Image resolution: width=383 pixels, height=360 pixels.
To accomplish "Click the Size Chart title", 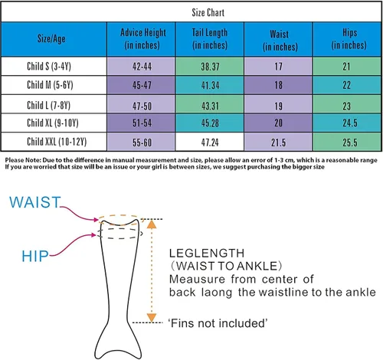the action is click(x=208, y=12).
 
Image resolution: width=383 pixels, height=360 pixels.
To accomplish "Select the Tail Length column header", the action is click(x=210, y=39).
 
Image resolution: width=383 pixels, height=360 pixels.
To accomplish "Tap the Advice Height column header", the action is click(x=142, y=39).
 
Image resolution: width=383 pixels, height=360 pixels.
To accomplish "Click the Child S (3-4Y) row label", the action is click(x=49, y=67).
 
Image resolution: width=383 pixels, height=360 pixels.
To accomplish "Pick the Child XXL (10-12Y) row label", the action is click(x=57, y=142).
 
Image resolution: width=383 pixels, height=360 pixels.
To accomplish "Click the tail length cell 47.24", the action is click(x=210, y=142).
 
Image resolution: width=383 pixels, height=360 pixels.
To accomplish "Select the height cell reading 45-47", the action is click(x=142, y=85).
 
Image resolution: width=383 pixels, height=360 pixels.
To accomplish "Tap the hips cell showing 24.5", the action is click(x=350, y=123).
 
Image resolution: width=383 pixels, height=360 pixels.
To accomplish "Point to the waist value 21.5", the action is click(x=278, y=142).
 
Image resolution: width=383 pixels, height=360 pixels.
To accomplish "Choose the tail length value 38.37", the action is click(x=210, y=67).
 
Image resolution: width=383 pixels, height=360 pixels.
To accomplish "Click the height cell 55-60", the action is click(x=142, y=142).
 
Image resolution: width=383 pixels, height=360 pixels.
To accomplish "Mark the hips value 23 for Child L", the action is click(x=346, y=106).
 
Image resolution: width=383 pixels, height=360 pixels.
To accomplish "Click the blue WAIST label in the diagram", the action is click(x=35, y=202).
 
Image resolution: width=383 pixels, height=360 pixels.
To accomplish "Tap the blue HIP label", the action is click(x=35, y=256).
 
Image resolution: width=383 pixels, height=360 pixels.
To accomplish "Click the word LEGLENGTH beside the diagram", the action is click(x=207, y=254).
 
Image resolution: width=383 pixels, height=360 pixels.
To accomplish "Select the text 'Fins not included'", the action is click(x=218, y=323).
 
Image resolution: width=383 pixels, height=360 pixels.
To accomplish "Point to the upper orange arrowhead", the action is click(x=152, y=224).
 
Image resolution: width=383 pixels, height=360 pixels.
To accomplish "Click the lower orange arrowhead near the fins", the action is click(x=152, y=318).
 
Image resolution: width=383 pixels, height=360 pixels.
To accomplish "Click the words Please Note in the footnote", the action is click(x=23, y=160).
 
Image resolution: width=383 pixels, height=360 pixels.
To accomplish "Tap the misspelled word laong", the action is click(x=217, y=293).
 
